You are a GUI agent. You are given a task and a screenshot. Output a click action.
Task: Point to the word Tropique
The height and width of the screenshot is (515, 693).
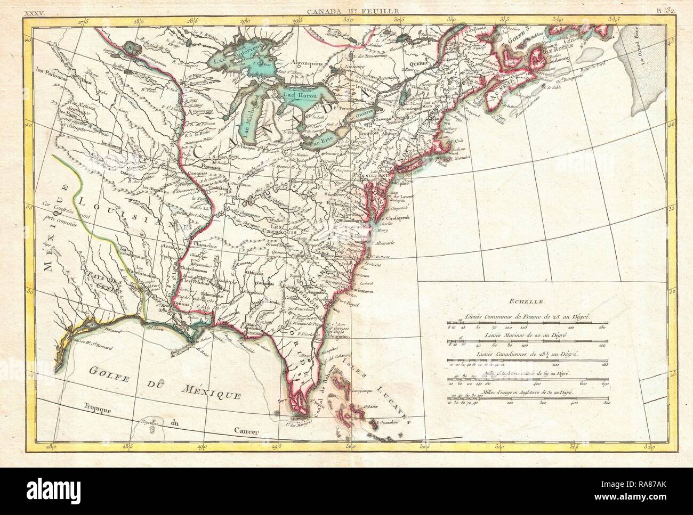[x=99, y=411]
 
